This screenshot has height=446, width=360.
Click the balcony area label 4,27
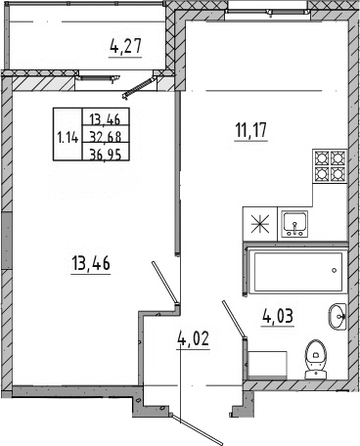[125, 46]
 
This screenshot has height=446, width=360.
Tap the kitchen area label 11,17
[250, 130]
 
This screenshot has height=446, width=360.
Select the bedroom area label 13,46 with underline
[91, 263]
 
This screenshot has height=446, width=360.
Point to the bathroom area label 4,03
[278, 316]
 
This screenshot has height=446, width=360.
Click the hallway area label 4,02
[193, 338]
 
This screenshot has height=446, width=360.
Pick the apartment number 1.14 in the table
[67, 138]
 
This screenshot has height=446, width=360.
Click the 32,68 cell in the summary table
[106, 137]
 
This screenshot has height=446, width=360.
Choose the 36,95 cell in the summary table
[106, 154]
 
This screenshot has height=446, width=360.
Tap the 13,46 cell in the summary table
[106, 119]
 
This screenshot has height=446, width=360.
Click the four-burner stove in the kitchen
[330, 165]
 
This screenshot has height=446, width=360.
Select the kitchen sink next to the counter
[294, 224]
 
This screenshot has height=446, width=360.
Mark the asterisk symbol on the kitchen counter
[260, 224]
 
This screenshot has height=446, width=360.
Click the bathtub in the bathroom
[296, 272]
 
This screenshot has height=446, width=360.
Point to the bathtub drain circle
[334, 270]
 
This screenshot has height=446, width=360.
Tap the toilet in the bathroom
[315, 359]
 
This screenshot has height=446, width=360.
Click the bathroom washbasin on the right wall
[337, 317]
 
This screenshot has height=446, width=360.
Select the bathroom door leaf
[234, 321]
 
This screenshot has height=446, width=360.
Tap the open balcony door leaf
[138, 87]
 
